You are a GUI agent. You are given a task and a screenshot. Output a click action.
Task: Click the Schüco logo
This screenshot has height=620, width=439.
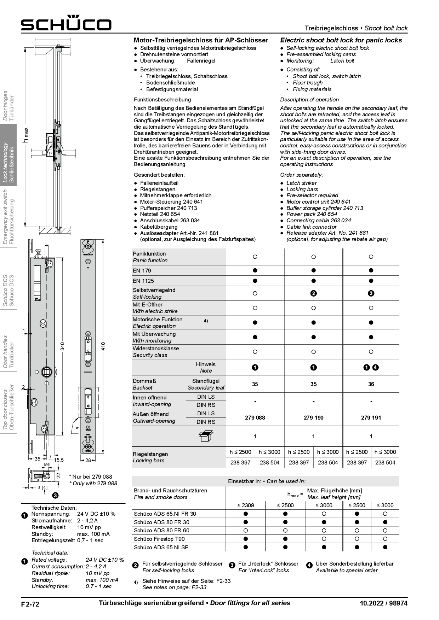coord(66,23)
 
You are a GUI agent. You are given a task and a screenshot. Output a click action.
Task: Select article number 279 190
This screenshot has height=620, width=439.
coord(313,417)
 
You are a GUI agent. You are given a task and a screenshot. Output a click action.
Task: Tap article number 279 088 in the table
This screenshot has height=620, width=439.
coord(255,417)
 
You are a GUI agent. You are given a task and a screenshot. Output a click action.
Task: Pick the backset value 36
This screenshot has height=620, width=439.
coord(371,384)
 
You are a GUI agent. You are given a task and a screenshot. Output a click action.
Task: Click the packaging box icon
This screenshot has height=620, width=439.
coord(206,436)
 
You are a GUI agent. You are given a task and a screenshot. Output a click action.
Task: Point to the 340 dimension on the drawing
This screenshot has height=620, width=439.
coord(63,346)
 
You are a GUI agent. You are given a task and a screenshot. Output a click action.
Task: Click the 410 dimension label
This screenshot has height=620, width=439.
coord(103,346)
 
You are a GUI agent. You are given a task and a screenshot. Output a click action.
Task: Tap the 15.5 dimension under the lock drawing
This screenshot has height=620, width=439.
coord(59,460)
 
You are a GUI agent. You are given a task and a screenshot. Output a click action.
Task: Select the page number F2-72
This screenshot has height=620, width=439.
coord(30,604)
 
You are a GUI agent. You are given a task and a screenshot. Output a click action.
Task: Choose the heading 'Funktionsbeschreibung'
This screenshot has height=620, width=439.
coord(162,100)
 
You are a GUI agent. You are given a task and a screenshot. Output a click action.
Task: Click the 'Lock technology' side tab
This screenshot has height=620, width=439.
coord(8,163)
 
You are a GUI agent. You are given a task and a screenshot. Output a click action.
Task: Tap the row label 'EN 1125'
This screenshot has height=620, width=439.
coord(143,281)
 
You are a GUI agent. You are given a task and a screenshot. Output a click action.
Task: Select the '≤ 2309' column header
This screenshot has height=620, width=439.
coord(245,505)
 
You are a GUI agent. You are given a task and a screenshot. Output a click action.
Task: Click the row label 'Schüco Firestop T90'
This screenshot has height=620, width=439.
coord(159,539)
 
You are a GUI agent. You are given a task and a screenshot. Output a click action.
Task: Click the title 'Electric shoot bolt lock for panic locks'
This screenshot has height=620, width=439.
coord(341,40)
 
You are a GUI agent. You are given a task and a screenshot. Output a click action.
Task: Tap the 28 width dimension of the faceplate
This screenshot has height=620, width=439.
coord(88,460)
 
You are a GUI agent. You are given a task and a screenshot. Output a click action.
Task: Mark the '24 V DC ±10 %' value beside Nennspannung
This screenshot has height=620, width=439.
coord(96,514)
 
